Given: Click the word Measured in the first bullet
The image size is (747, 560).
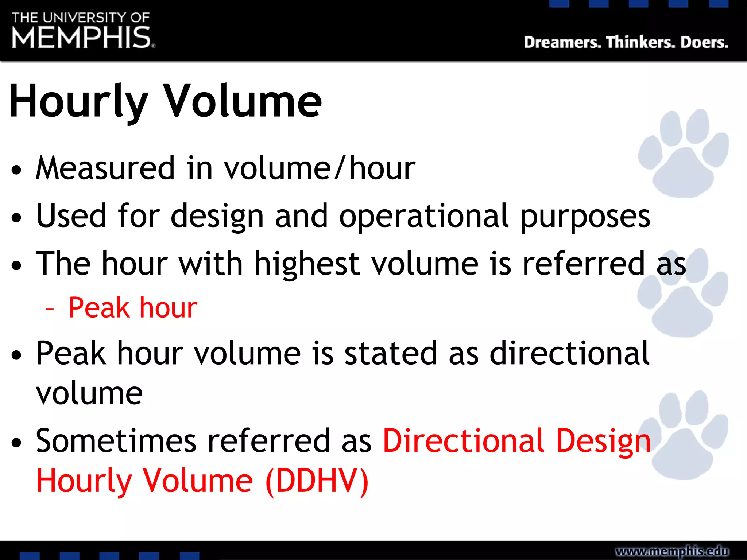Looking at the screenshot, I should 105,168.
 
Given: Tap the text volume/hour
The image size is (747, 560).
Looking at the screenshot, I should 320,168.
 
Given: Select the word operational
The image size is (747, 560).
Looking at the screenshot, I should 423,216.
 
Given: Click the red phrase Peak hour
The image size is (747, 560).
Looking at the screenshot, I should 133,308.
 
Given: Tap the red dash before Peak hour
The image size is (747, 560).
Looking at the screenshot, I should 50,310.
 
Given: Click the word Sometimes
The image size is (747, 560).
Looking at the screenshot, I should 116,441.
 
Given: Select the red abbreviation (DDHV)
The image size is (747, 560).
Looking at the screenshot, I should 317,481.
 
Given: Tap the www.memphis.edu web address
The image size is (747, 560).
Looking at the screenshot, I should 672,551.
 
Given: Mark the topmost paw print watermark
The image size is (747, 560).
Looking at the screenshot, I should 683,153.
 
